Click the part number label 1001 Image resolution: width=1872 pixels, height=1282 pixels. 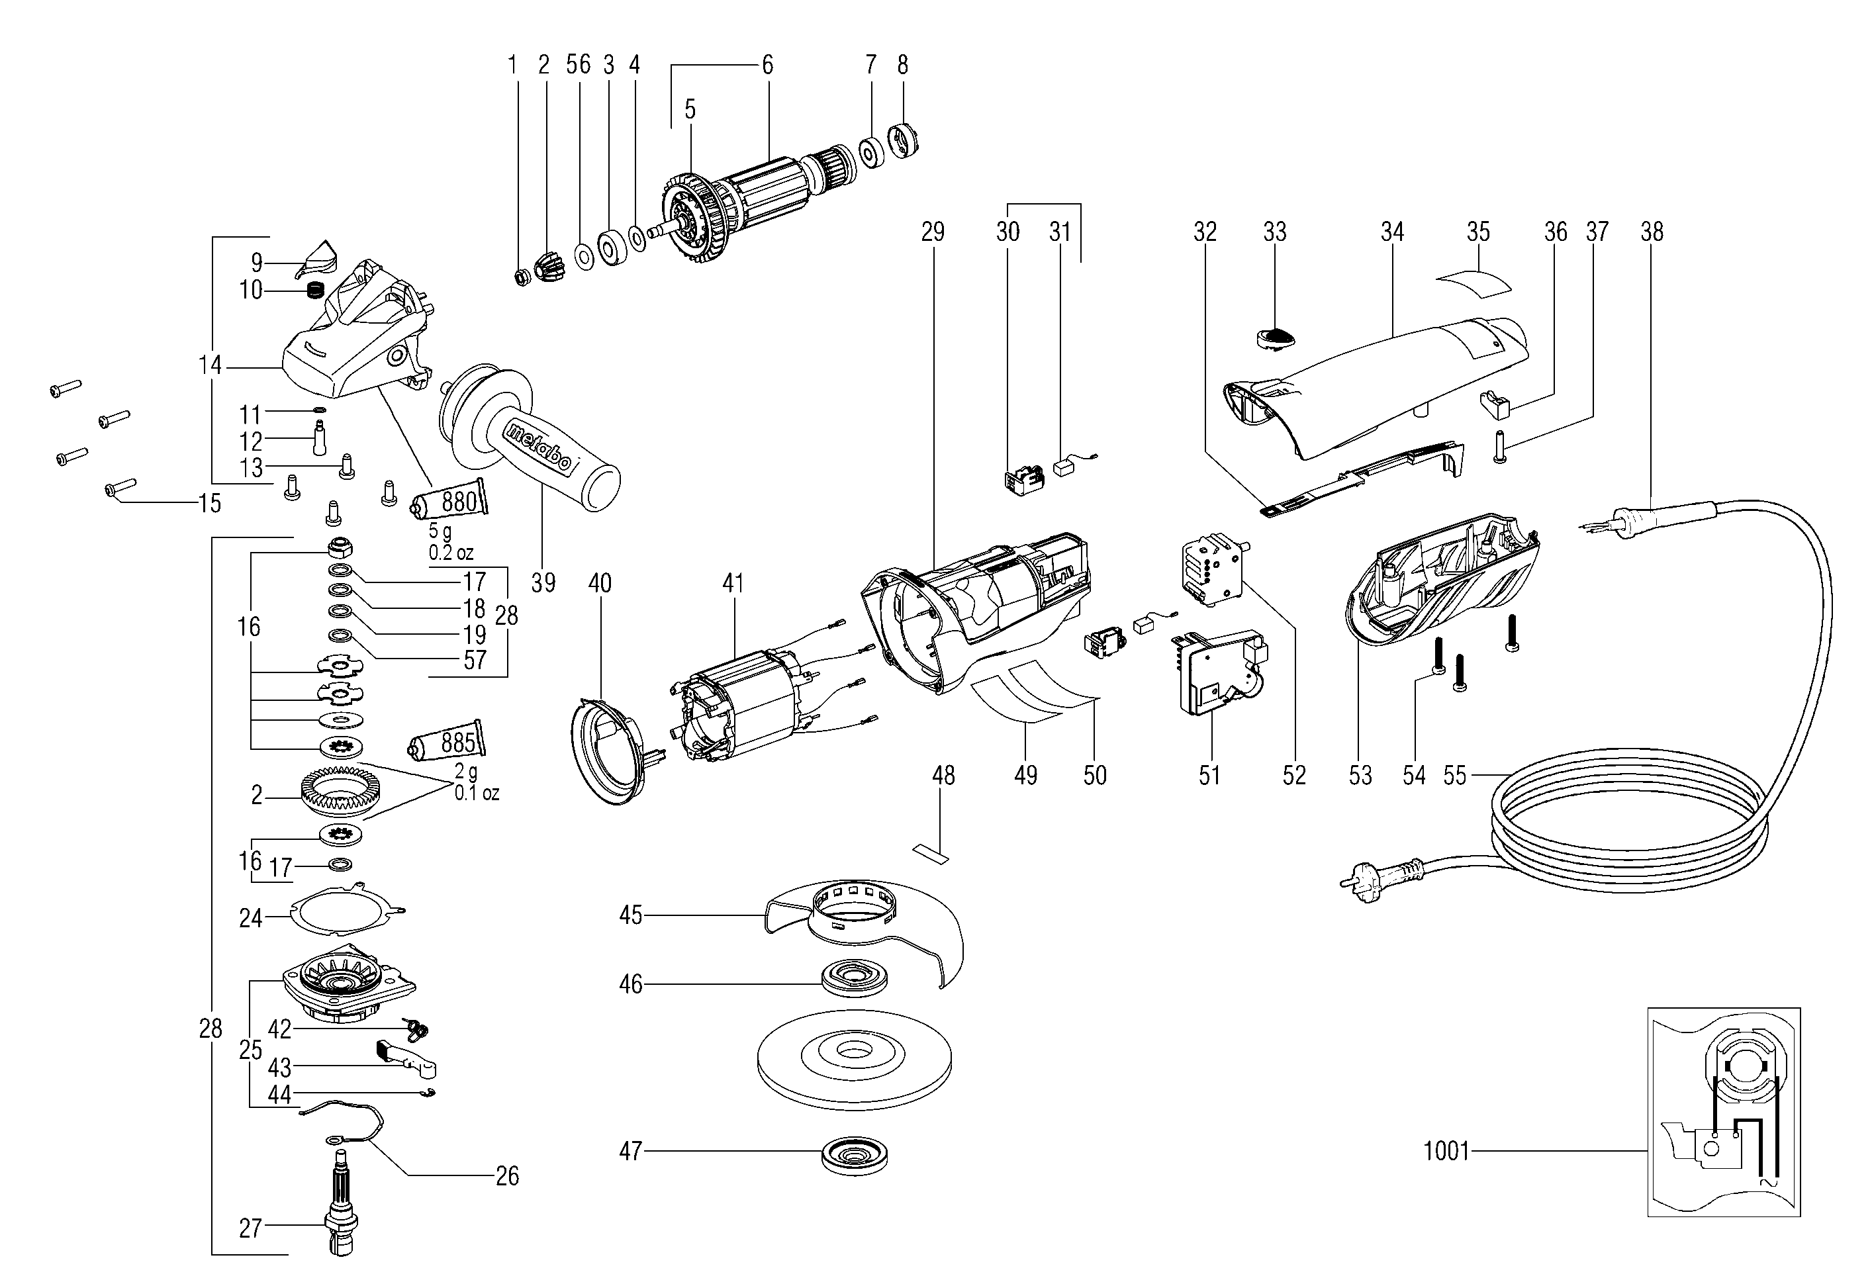(1446, 1151)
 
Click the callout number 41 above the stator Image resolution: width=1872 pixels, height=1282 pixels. (732, 583)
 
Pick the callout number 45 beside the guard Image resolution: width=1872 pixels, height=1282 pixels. (631, 915)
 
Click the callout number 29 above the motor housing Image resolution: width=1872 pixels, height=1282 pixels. (932, 232)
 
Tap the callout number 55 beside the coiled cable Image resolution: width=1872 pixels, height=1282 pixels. (1455, 776)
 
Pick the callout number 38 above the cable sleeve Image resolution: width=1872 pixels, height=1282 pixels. (1652, 232)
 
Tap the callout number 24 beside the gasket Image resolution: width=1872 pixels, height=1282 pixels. (250, 918)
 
